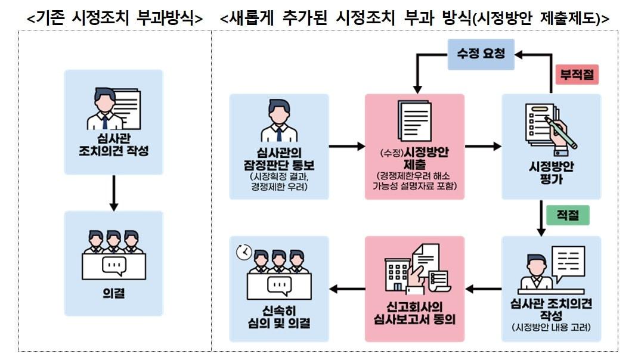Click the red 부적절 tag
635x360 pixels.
[x=577, y=75]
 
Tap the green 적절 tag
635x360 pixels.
[x=566, y=215]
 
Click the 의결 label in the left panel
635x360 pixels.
[x=113, y=293]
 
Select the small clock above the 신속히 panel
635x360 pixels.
[x=243, y=253]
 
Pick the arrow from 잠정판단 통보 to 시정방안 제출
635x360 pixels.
[x=346, y=146]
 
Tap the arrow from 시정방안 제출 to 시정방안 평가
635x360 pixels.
[x=483, y=146]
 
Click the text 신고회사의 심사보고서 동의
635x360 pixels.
[x=414, y=312]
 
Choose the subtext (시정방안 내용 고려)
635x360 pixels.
[x=550, y=328]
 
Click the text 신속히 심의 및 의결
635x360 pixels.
[x=279, y=317]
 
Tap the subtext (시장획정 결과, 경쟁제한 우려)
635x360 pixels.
[x=278, y=182]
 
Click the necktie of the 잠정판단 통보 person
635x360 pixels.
[x=278, y=132]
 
